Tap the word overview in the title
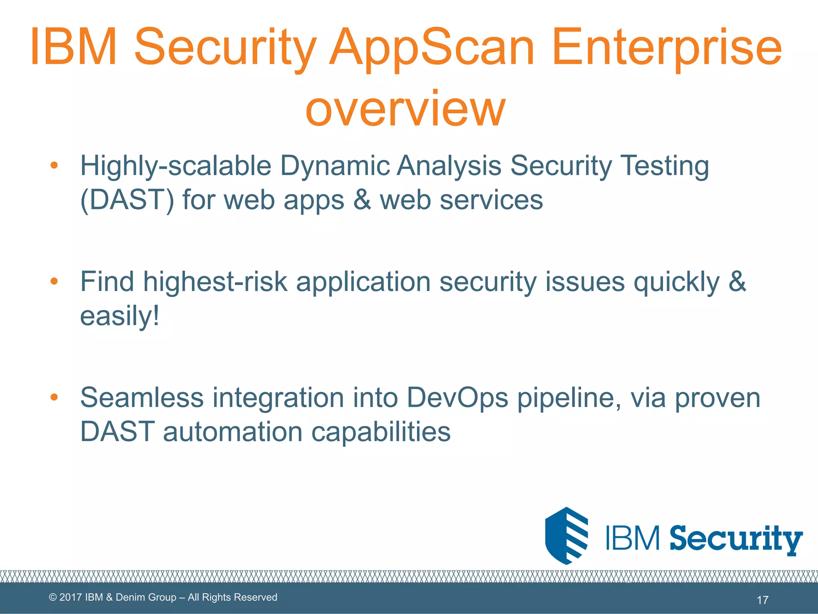405,108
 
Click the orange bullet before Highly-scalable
54,165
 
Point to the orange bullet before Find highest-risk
54,281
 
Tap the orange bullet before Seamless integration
54,397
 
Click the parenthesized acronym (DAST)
127,200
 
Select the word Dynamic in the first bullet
335,165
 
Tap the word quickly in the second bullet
676,282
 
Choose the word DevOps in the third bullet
457,398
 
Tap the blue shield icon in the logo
566,536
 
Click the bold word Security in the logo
736,539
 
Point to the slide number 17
762,600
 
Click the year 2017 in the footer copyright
71,597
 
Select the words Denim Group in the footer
146,597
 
